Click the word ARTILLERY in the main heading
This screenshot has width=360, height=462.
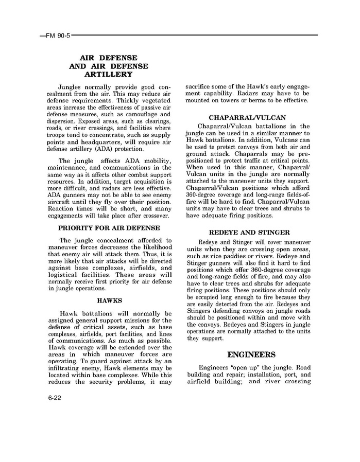109,74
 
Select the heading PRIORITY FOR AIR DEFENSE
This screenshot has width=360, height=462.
109,228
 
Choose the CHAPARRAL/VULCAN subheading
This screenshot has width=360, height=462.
247,117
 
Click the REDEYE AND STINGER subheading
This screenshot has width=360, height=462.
249,233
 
